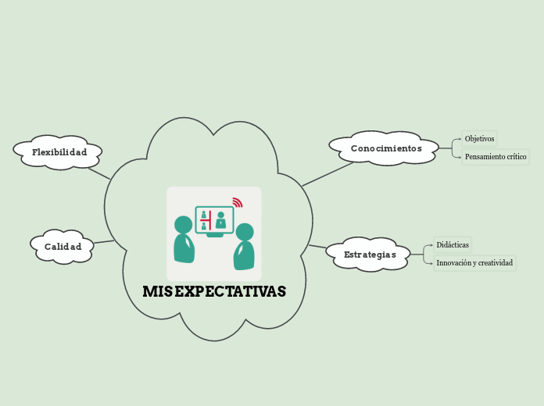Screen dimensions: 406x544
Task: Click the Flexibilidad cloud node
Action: [x=59, y=152]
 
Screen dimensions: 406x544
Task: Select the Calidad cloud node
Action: [x=63, y=247]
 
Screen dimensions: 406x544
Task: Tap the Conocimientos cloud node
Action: [x=385, y=148]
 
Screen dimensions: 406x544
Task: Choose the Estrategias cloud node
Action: [x=370, y=255]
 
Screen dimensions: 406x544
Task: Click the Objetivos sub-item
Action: [x=479, y=139]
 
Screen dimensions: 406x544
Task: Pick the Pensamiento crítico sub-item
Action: [x=496, y=157]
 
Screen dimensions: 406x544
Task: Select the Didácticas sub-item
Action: [x=453, y=245]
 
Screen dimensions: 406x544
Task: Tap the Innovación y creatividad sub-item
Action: [x=474, y=263]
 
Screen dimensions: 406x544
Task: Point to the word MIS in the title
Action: [x=156, y=292]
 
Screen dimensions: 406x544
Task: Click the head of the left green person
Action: [x=183, y=225]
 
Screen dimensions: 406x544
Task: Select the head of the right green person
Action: [x=245, y=232]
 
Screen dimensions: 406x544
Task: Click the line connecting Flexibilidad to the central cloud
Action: [x=99, y=172]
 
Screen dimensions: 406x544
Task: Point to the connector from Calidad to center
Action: [x=104, y=241]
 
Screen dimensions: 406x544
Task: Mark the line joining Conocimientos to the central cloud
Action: [x=328, y=174]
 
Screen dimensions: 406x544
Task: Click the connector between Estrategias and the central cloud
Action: [x=317, y=248]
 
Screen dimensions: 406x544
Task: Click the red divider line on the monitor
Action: [x=210, y=220]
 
